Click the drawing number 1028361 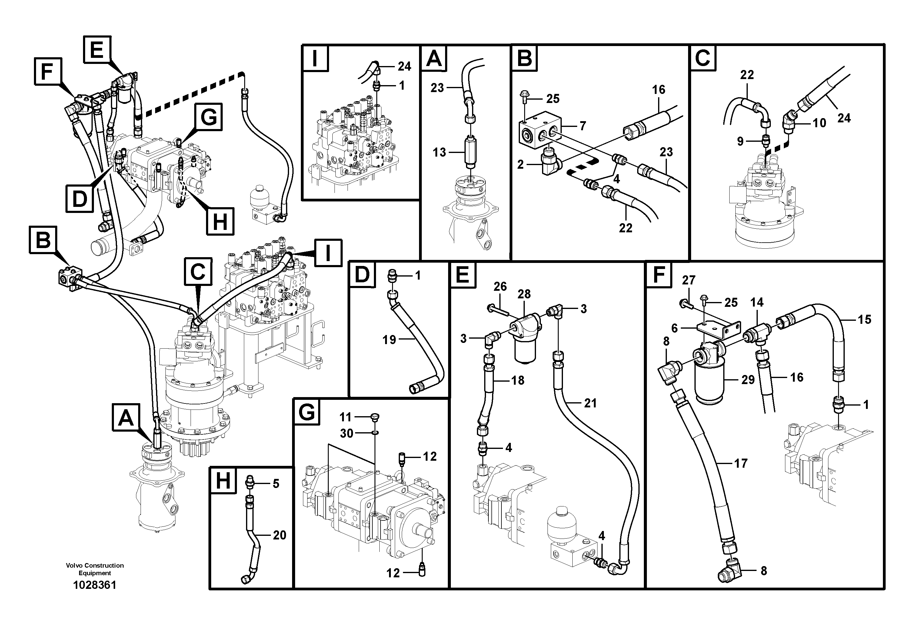point(95,585)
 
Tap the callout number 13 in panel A point(439,152)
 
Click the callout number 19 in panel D point(389,340)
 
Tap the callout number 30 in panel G point(346,433)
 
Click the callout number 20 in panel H point(279,535)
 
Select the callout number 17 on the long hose point(741,463)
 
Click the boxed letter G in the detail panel point(307,412)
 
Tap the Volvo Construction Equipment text point(95,569)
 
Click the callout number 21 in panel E point(590,403)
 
